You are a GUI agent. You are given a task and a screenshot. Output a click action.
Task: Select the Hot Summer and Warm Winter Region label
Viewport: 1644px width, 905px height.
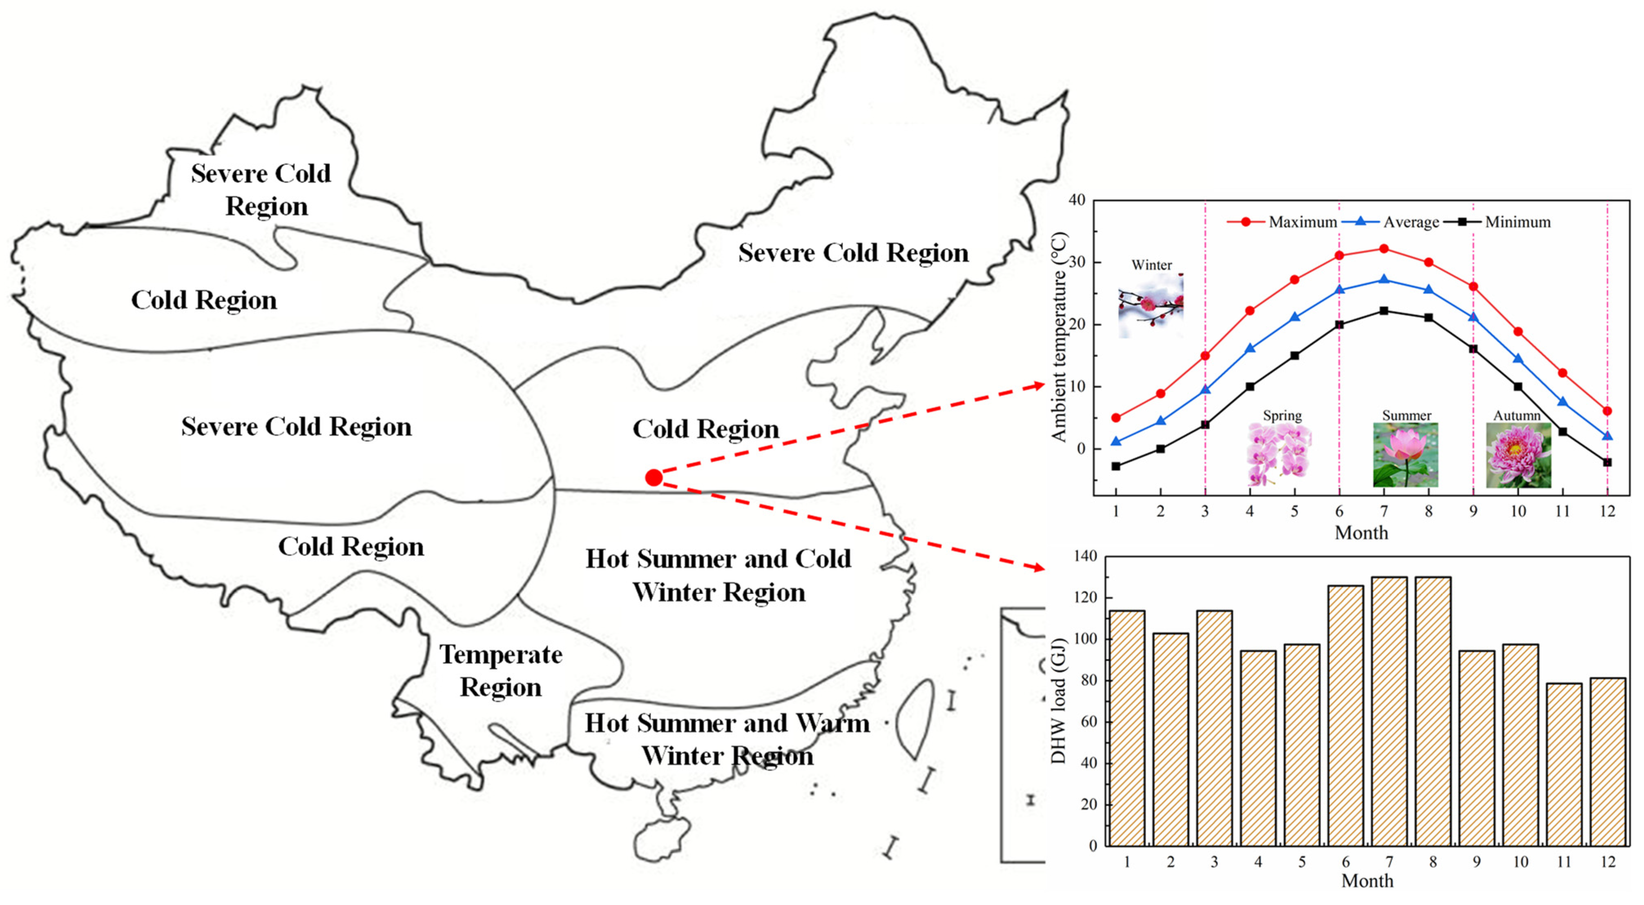(727, 739)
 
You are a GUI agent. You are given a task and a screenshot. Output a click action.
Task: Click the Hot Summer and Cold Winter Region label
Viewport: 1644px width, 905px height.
(718, 575)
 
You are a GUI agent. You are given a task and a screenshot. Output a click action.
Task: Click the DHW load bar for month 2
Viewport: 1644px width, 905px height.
(1171, 739)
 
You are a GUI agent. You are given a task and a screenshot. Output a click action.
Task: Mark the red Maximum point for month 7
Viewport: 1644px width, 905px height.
(1384, 249)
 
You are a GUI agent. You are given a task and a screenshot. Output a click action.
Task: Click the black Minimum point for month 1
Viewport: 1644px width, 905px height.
(1115, 466)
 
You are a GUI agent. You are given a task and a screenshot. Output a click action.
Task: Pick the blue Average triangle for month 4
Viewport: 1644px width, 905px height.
(1249, 349)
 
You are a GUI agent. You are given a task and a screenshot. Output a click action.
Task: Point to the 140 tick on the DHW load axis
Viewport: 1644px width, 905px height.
(1085, 556)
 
